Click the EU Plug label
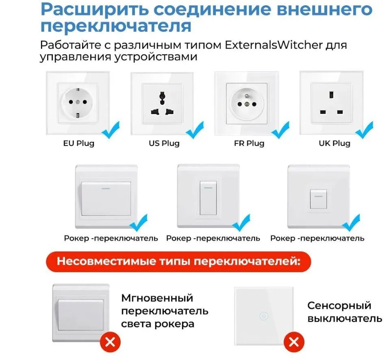tap(78, 143)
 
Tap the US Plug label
tap(164, 143)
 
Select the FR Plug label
tap(249, 143)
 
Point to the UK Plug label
tap(335, 143)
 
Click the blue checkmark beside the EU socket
tap(111, 130)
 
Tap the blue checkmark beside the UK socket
tap(365, 130)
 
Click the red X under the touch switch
tap(294, 342)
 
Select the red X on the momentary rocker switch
tap(110, 342)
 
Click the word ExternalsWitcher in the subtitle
tap(274, 45)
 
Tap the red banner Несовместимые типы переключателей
tap(178, 262)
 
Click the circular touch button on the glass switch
tap(264, 316)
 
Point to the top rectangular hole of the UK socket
tap(332, 95)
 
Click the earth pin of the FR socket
tap(247, 96)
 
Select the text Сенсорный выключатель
tap(345, 312)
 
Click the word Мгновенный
tap(157, 298)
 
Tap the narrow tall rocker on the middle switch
tap(208, 198)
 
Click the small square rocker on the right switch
tap(318, 199)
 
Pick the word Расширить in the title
tap(95, 10)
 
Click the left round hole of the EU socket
tap(71, 102)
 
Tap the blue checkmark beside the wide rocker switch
tap(139, 223)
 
